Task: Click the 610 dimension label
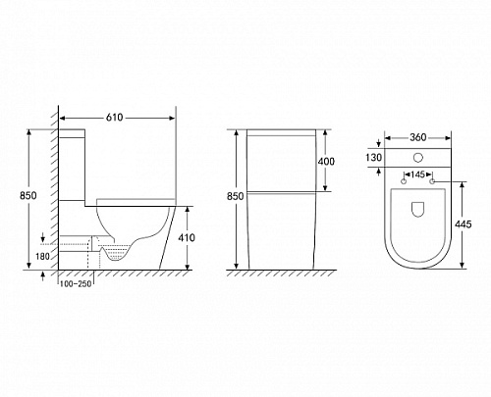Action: [114, 117]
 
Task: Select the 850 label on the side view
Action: [28, 195]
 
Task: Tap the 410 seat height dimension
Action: [187, 237]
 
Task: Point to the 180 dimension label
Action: [42, 256]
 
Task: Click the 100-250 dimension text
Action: [76, 284]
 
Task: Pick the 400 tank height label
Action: [326, 161]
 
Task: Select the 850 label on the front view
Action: [236, 196]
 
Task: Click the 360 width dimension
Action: [418, 137]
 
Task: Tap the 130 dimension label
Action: [373, 158]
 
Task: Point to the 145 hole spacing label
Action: [417, 174]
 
